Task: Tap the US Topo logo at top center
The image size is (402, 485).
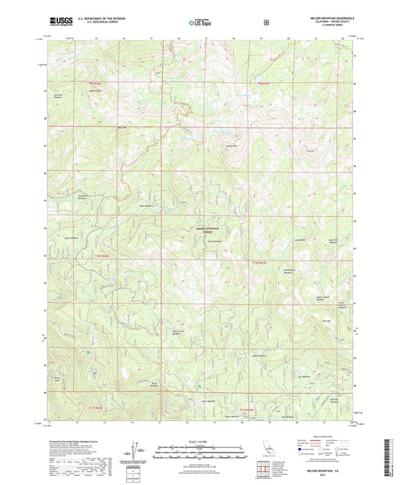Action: tap(201, 23)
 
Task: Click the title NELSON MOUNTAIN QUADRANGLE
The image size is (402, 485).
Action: tap(331, 17)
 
